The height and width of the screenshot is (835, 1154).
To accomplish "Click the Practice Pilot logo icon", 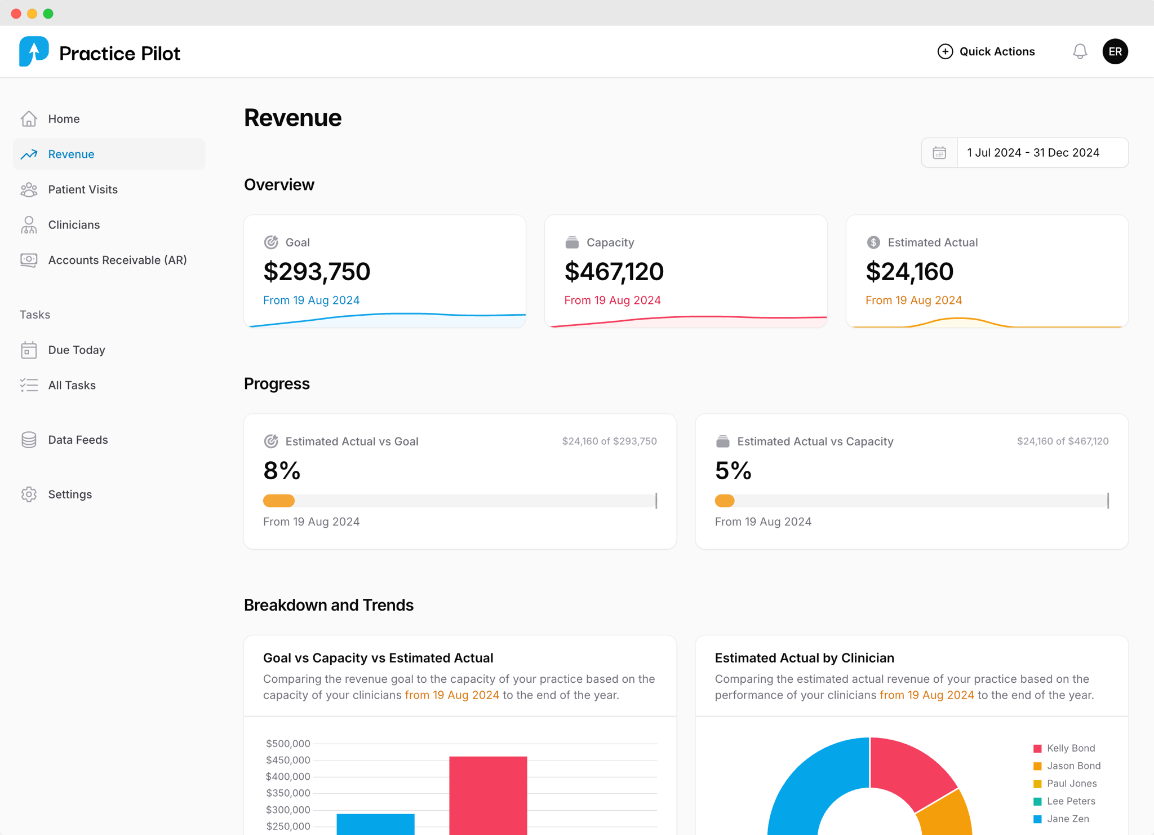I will tap(34, 52).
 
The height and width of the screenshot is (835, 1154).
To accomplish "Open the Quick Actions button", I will tap(986, 52).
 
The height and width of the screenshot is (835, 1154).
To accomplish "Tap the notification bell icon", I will tap(1080, 52).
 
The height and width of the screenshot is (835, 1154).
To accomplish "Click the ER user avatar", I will tap(1115, 52).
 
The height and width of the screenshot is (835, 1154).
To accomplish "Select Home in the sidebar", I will tap(64, 119).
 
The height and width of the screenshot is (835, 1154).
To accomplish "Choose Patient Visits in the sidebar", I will tap(82, 189).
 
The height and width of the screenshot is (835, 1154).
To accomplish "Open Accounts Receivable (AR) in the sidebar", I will tap(117, 260).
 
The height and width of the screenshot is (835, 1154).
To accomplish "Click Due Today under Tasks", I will tap(76, 350).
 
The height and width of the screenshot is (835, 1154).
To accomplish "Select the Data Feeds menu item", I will tap(78, 440).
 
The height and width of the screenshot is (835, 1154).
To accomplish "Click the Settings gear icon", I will tap(29, 494).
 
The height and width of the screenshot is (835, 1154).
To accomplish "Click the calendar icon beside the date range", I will tap(939, 153).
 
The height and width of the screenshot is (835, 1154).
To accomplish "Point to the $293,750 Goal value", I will tap(317, 272).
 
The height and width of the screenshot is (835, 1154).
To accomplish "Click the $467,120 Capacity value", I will tap(614, 272).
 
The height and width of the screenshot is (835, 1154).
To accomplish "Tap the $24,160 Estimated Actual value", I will tap(909, 272).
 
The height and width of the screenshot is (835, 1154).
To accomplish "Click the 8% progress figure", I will tap(282, 471).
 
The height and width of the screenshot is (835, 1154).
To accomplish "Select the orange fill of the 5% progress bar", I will tap(725, 501).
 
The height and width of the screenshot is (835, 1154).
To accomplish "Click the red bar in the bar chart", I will tap(488, 795).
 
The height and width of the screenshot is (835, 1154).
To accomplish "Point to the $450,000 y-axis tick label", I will tap(288, 760).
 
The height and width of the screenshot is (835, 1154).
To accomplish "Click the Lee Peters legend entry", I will tap(1071, 801).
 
